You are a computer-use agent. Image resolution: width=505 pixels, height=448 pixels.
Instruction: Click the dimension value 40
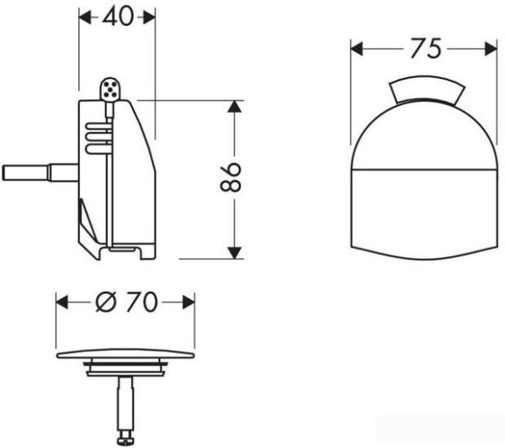117,17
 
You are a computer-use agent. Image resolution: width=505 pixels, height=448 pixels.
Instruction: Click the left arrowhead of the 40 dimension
84,18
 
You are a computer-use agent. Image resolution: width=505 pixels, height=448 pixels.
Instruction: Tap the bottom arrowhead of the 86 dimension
236,251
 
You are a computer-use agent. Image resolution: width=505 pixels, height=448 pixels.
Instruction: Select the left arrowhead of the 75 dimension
356,50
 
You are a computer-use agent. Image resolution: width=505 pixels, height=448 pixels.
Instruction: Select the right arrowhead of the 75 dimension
494,50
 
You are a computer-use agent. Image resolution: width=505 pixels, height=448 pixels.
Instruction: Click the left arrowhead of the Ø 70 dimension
62,303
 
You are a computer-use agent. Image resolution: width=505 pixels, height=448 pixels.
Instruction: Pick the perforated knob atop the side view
109,87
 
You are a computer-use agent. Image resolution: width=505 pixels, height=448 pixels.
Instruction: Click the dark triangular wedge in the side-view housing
86,220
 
